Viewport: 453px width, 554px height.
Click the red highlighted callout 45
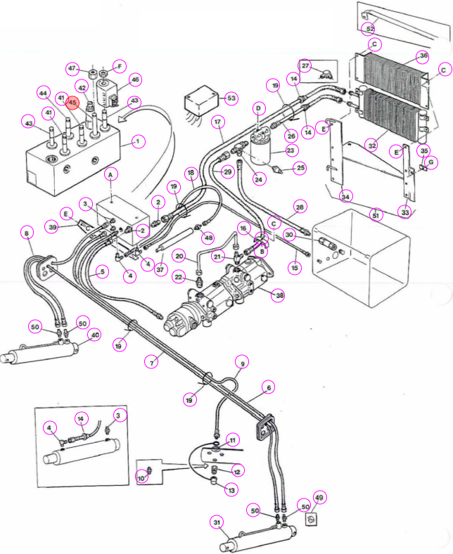[72, 103]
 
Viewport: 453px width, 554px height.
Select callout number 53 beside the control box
[231, 98]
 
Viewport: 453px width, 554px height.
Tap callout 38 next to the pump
[279, 295]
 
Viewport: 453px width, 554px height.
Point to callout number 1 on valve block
[138, 142]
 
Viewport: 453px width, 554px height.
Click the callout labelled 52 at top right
[370, 29]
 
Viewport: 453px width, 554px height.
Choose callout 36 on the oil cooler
[423, 56]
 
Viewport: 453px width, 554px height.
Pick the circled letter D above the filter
[258, 108]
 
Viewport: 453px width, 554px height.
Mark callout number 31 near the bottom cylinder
[217, 522]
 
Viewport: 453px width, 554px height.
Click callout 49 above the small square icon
[319, 498]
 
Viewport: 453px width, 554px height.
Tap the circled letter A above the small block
[110, 175]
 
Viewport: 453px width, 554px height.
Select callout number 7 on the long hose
[152, 363]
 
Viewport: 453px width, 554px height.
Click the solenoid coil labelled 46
[106, 92]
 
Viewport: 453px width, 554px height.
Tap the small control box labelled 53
[200, 101]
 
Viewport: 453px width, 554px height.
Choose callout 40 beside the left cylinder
[95, 335]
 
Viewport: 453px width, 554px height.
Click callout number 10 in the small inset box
[141, 478]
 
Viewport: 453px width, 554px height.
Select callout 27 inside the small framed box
[305, 65]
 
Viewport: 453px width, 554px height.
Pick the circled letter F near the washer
[120, 66]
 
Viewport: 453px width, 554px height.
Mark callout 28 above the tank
[300, 207]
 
